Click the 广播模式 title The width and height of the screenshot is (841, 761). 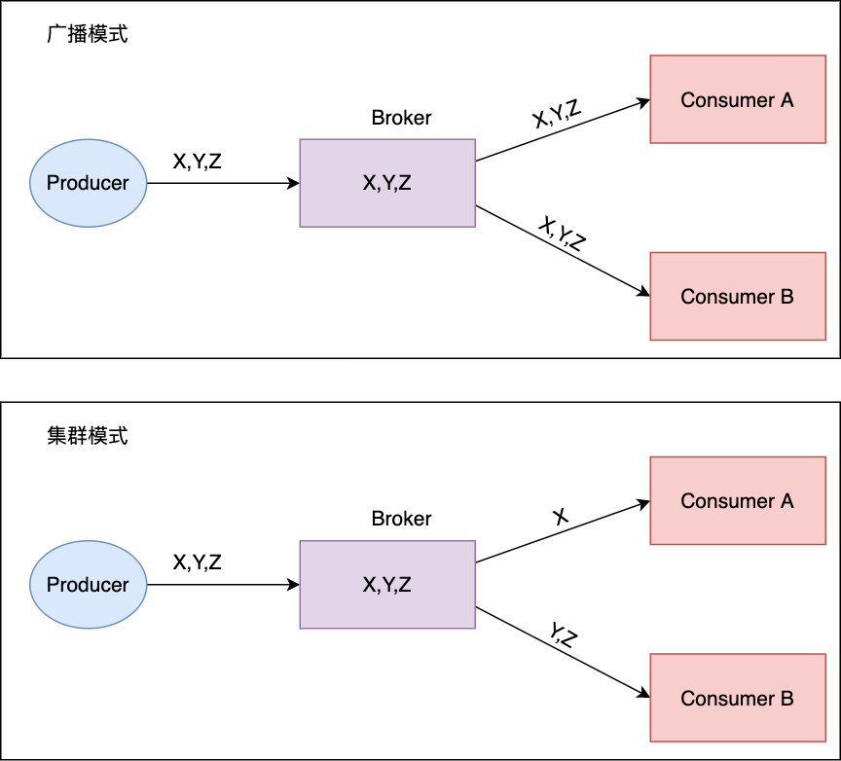88,35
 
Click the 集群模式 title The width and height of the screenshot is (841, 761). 88,437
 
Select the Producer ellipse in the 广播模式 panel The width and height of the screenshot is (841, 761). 88,183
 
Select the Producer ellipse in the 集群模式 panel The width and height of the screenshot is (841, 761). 88,585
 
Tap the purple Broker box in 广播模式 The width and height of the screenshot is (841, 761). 387,183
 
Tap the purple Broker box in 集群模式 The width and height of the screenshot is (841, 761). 387,585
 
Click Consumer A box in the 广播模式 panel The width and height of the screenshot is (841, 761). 737,99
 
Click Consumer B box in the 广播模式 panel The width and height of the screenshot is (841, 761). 737,297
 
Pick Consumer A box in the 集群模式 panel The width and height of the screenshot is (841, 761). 737,501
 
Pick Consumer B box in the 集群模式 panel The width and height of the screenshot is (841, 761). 737,698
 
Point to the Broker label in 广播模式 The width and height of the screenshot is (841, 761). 401,119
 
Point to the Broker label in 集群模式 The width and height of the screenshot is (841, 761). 401,520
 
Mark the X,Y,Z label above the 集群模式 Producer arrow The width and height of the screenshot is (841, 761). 198,562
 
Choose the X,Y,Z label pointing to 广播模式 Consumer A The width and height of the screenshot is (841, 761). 558,115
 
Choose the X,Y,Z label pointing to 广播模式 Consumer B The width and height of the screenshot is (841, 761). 563,235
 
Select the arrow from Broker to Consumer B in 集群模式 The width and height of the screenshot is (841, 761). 563,652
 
